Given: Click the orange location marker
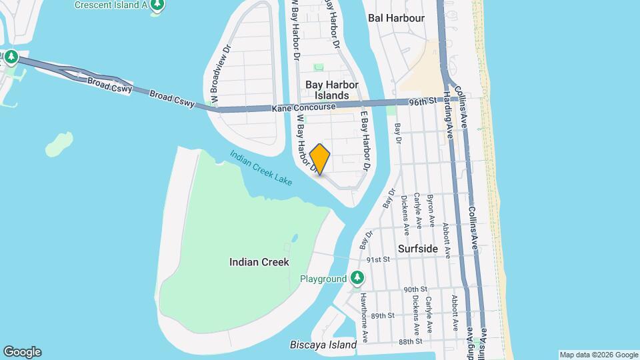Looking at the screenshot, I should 320,159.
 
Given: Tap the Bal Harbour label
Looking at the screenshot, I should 396,18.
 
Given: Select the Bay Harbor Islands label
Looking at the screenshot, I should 332,90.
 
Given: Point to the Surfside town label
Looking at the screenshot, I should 418,249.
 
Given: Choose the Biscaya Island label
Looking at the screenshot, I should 323,345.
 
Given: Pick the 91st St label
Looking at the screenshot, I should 378,259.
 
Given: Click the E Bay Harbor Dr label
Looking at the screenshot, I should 365,139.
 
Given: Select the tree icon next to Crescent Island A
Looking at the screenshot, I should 157,6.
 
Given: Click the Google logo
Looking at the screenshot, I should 22,352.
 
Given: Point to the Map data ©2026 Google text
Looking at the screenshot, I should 599,355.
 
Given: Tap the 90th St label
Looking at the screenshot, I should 415,289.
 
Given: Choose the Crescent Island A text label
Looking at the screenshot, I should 111,5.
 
